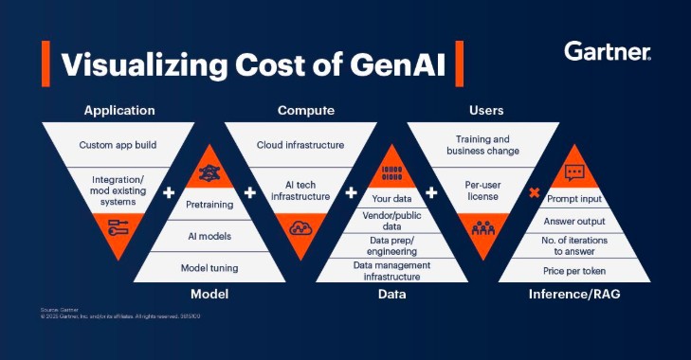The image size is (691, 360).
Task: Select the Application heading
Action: (x=118, y=111)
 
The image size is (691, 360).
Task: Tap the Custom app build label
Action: (x=118, y=145)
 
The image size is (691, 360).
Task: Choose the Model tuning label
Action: (x=209, y=268)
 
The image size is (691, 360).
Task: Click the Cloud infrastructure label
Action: (x=300, y=145)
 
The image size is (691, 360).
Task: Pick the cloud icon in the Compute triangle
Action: (x=300, y=227)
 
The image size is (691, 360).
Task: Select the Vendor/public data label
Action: (x=391, y=222)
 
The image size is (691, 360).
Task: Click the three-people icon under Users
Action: (x=483, y=227)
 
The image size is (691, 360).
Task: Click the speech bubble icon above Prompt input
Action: (x=574, y=172)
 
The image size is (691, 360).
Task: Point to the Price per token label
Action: (x=574, y=272)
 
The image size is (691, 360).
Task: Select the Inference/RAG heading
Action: (x=574, y=295)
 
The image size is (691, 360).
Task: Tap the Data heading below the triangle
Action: (x=391, y=295)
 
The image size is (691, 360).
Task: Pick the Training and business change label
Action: (x=483, y=145)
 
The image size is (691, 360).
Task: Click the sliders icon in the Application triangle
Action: (x=118, y=229)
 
